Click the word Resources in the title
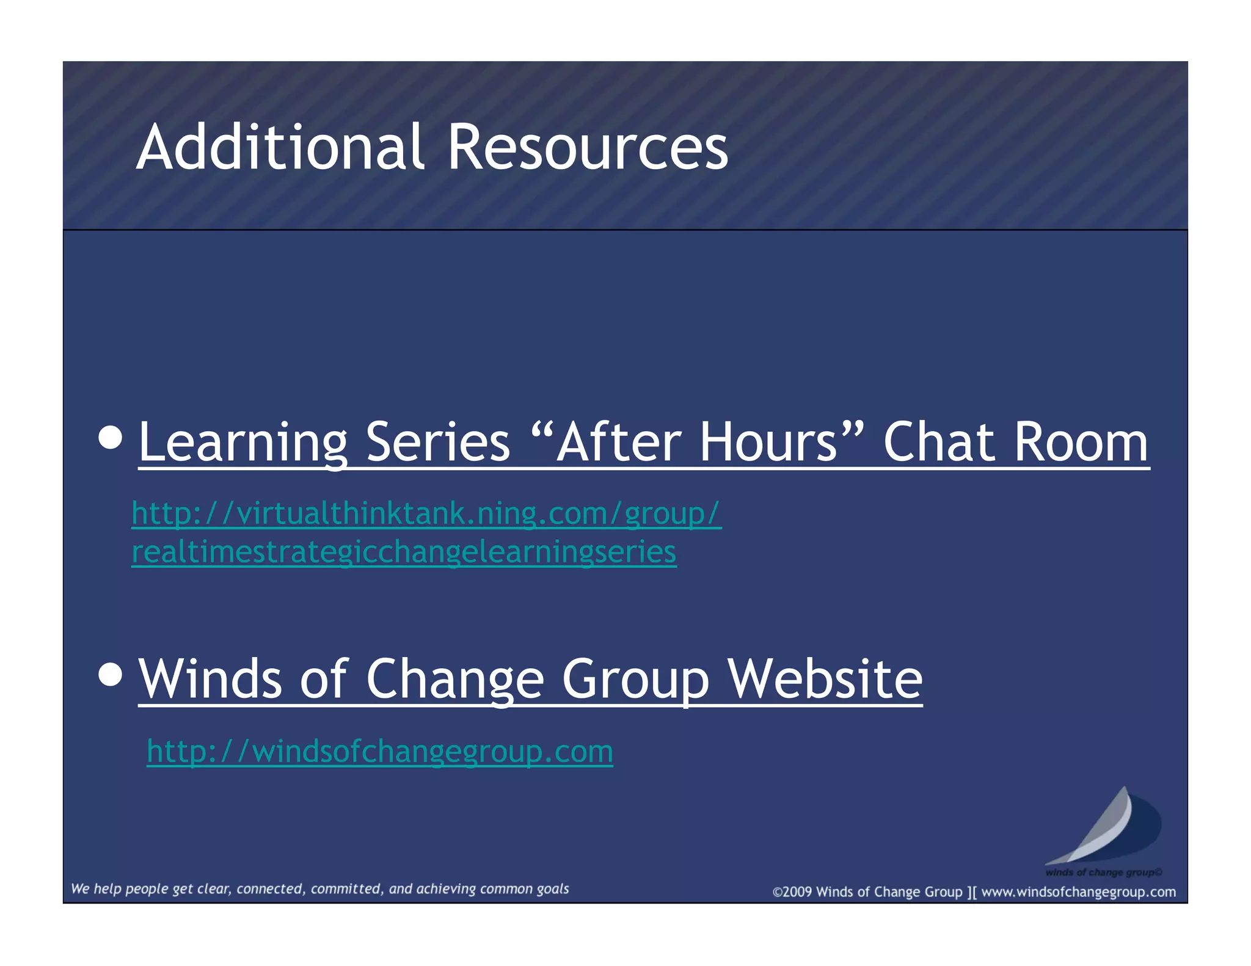[x=588, y=147]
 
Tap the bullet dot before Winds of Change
[x=110, y=675]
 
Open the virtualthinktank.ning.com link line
[x=426, y=514]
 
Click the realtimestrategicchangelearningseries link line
[x=404, y=552]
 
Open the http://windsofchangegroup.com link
[x=380, y=751]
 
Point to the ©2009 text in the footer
[x=792, y=892]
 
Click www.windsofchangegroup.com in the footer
[x=1078, y=892]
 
